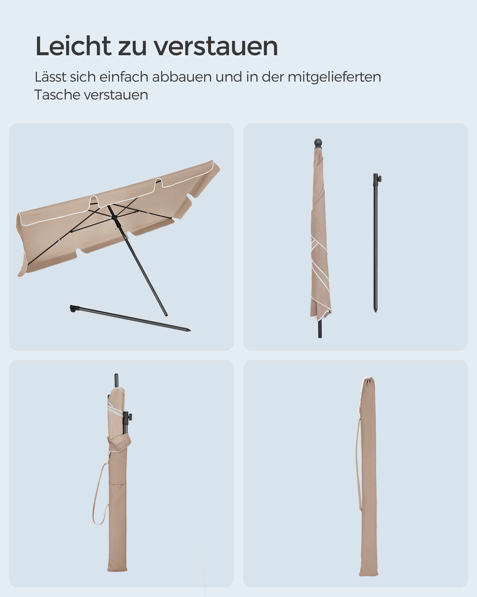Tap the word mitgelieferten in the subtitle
pos(334,77)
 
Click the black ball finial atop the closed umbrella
pos(318,142)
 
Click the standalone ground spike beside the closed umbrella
pos(375,245)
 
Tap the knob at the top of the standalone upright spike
pos(380,178)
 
